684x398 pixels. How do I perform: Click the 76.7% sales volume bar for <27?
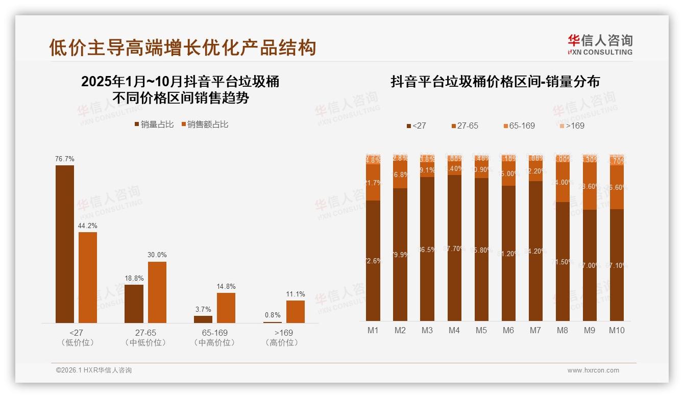point(65,244)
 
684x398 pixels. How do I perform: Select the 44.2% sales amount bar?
point(88,278)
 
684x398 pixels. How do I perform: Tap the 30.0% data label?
point(157,255)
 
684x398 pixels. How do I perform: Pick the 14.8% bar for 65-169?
point(226,308)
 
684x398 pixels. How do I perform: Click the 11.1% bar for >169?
point(296,312)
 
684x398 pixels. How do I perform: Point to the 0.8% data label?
point(273,315)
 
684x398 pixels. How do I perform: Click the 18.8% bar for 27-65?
point(134,304)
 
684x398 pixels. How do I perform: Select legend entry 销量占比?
point(154,125)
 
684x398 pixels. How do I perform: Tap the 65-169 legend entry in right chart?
point(519,126)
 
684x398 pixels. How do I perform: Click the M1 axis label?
point(373,330)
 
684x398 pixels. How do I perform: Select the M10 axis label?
point(617,330)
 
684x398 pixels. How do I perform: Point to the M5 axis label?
point(481,330)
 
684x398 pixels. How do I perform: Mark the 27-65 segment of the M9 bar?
point(590,186)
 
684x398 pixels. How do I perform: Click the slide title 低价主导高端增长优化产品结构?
point(183,47)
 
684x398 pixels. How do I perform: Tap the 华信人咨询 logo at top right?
point(600,44)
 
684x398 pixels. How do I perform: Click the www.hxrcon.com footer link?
point(593,370)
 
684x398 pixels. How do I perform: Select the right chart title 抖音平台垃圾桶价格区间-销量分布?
point(495,82)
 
